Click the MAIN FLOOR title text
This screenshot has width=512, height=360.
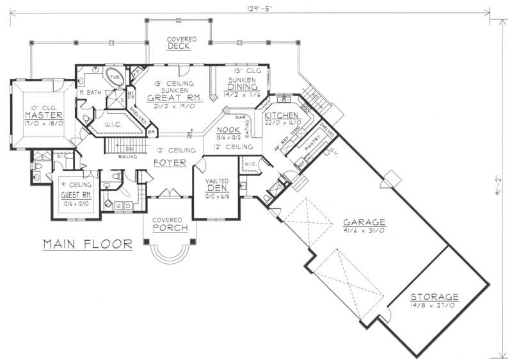[x=88, y=243]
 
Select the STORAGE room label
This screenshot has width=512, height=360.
[x=435, y=297]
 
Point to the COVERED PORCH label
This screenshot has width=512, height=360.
[x=170, y=224]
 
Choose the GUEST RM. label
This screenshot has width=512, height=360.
[x=75, y=195]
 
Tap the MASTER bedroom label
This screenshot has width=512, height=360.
[x=38, y=114]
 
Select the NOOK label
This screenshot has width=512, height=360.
[x=230, y=129]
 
